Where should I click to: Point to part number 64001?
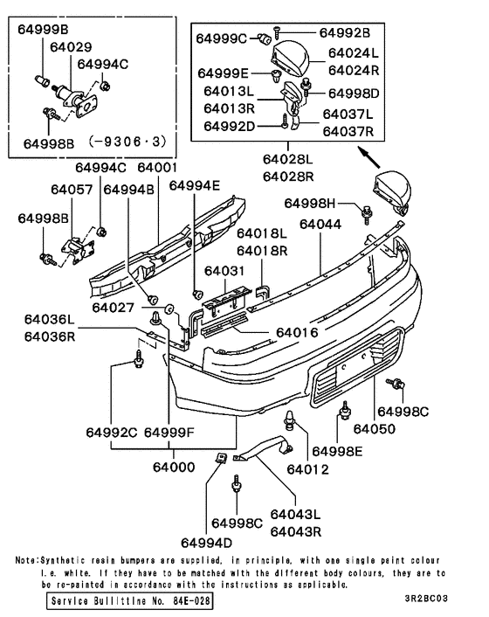click(157, 166)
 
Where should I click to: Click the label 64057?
click(71, 188)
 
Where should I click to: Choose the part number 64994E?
click(195, 185)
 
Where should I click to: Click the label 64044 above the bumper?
click(320, 225)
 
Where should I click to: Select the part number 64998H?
click(309, 204)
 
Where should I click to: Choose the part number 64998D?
click(354, 94)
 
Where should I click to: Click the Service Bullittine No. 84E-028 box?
click(129, 603)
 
